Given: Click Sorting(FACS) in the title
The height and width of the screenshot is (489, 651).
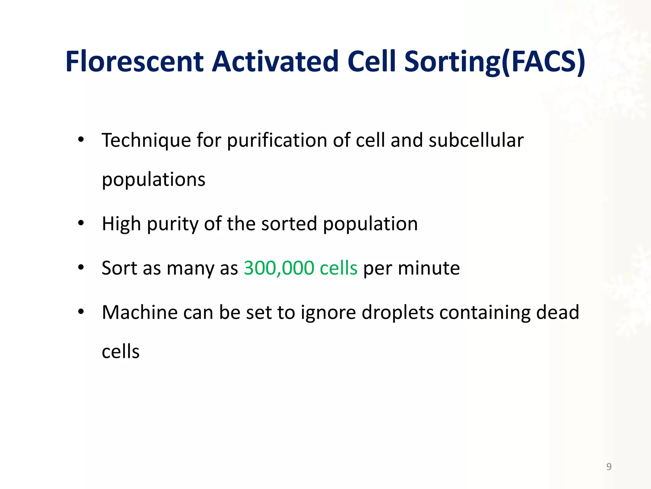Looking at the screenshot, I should click(495, 62).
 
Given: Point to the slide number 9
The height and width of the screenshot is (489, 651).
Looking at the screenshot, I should click(609, 466).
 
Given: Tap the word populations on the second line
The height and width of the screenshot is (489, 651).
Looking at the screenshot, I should click(154, 180).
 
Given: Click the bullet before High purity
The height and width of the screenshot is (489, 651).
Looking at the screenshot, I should click(81, 223).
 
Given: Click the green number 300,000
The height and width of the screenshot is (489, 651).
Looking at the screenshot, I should click(279, 268).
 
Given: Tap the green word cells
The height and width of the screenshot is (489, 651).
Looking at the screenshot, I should click(339, 268).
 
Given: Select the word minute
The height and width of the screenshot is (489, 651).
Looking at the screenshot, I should click(428, 268).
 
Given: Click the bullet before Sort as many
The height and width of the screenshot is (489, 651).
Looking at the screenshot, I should click(81, 267).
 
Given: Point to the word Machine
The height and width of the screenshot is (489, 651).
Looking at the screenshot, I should click(140, 312).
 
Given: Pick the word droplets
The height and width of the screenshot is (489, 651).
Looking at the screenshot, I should click(398, 313).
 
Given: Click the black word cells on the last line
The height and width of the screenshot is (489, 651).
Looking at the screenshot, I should click(120, 352).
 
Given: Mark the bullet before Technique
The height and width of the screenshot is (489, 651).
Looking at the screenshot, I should click(81, 139).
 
